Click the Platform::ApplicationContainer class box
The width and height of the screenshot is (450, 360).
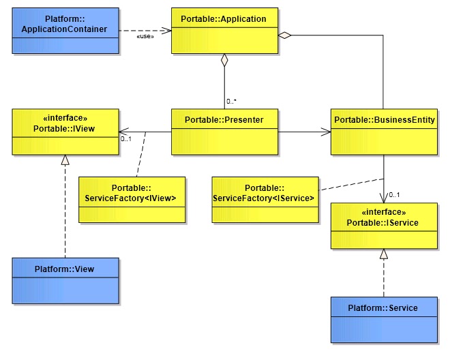pyautogui.click(x=65, y=31)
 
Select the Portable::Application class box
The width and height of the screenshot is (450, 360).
pyautogui.click(x=224, y=31)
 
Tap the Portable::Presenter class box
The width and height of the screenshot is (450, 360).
pyautogui.click(x=224, y=131)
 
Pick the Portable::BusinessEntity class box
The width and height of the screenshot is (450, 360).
pyautogui.click(x=384, y=131)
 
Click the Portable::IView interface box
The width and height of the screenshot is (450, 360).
pyautogui.click(x=65, y=131)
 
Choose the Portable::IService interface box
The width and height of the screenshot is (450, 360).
pyautogui.click(x=384, y=225)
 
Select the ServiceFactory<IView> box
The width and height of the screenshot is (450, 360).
pyautogui.click(x=132, y=200)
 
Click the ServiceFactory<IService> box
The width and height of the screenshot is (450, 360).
pyautogui.click(x=265, y=200)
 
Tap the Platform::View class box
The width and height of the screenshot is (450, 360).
pyautogui.click(x=65, y=280)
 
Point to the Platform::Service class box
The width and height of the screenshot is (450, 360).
pyautogui.click(x=384, y=319)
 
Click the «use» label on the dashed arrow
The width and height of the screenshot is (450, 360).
pyautogui.click(x=145, y=37)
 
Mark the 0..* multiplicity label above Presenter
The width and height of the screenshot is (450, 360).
pyautogui.click(x=232, y=101)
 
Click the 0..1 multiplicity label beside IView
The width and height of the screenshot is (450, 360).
pyautogui.click(x=125, y=139)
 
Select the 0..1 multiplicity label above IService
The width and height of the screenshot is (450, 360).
pyautogui.click(x=393, y=195)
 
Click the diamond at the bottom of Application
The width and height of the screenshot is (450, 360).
pyautogui.click(x=224, y=60)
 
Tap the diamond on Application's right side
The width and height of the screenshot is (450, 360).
pyautogui.click(x=285, y=35)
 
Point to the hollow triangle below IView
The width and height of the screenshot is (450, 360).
pyautogui.click(x=65, y=160)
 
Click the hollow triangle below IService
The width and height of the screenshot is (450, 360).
pyautogui.click(x=384, y=254)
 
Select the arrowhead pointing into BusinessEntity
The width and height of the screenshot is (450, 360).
pyautogui.click(x=326, y=131)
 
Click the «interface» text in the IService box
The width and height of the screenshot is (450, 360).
pyautogui.click(x=384, y=212)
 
